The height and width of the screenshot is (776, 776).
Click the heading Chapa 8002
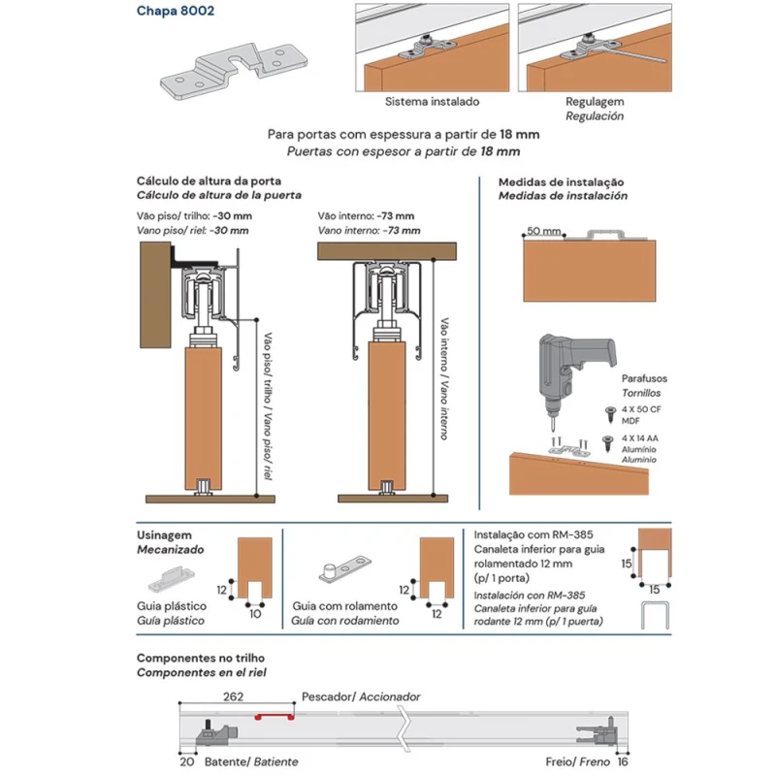pos(176,11)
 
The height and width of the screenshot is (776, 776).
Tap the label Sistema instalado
pos(432,102)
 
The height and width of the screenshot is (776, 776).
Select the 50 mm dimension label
pos(543,231)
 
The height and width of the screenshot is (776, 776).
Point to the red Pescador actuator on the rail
pos(275,717)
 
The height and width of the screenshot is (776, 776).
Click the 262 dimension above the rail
pos(233,696)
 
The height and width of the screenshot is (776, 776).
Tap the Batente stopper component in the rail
pos(216,732)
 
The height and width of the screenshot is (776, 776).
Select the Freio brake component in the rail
pos(598,731)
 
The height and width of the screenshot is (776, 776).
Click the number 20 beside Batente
pos(186,761)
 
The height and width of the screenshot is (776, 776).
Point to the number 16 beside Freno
pos(622,761)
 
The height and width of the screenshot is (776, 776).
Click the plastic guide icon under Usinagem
pos(171,579)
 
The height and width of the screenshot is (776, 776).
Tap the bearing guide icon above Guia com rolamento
pos(344,568)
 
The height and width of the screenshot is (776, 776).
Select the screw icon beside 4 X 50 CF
pos(611,414)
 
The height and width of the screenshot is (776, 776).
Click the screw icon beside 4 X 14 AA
pos(607,443)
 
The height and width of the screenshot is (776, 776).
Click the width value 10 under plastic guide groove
pos(255,614)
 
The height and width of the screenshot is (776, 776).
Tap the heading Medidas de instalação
pos(561,182)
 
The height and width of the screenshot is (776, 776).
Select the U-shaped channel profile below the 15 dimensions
pos(655,615)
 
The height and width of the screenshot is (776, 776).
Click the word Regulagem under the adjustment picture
pos(595,102)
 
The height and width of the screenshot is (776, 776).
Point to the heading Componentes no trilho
pos(201,658)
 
